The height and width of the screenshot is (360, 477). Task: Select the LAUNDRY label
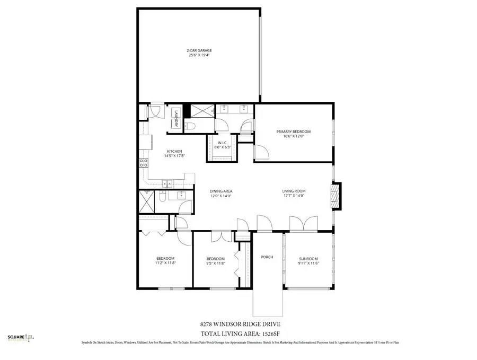[x=176, y=117]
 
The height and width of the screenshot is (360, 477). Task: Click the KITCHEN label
[x=174, y=151]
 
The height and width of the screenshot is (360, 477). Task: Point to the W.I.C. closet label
[x=222, y=143]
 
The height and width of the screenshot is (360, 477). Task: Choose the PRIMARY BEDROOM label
[x=293, y=131]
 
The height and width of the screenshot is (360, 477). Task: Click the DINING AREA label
[x=222, y=191]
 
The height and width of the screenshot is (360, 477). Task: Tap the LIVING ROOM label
[x=293, y=191]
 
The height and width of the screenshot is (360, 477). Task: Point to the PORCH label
[x=267, y=257]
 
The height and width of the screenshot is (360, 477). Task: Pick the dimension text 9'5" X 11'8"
[x=216, y=263]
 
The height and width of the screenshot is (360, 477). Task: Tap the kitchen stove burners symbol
[x=143, y=162]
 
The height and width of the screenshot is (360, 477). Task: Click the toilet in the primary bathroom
[x=190, y=126]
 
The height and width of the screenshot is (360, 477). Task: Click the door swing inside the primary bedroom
[x=261, y=153]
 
